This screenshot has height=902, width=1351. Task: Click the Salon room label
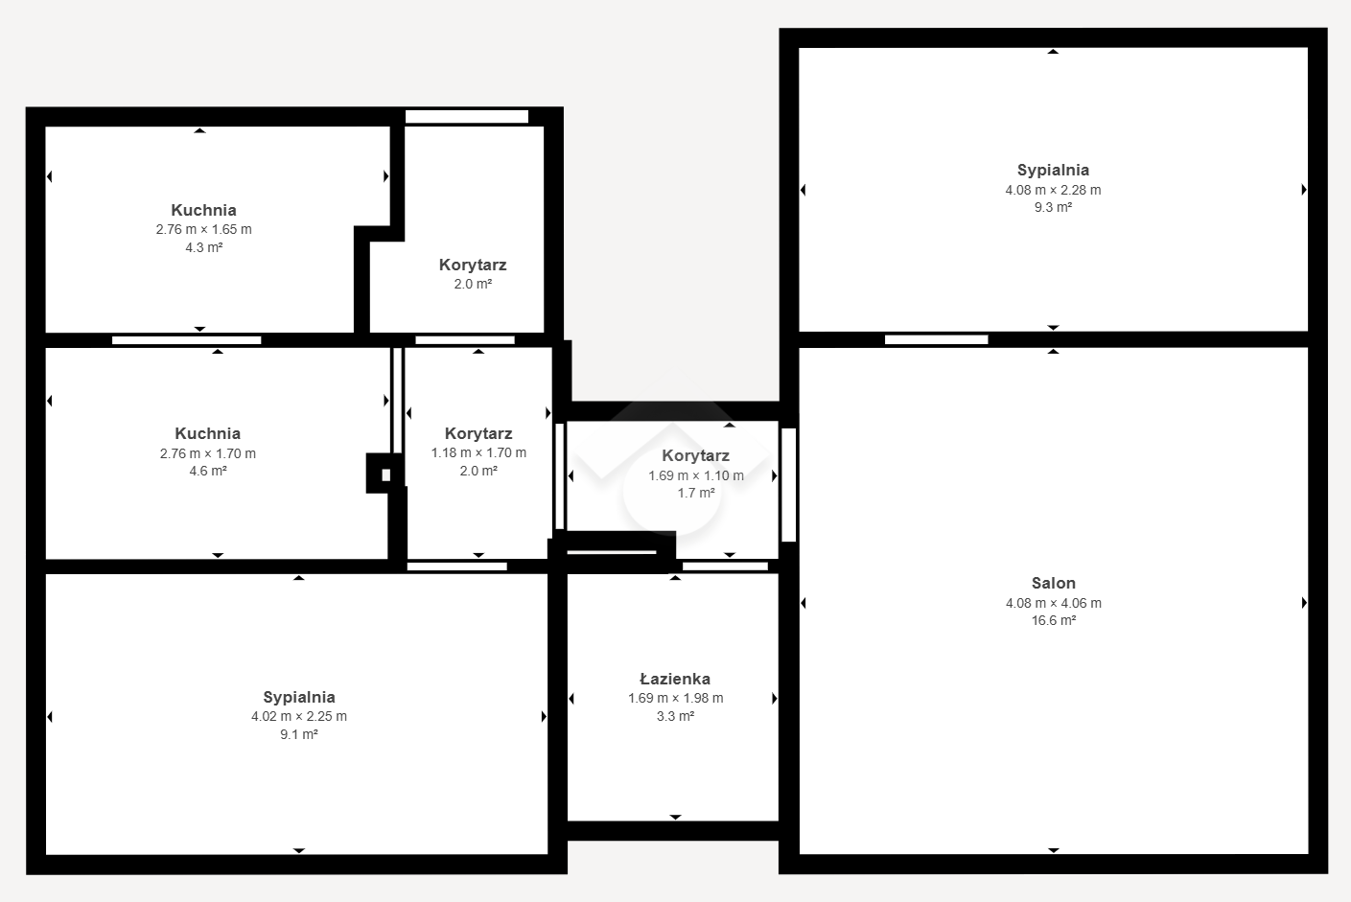pos(1053,583)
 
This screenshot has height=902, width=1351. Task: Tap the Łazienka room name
pos(675,679)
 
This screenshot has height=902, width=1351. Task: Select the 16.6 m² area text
pos(1053,620)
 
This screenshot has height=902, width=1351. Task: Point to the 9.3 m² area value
pos(1053,207)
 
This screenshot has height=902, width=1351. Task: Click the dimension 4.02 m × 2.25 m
pos(299,716)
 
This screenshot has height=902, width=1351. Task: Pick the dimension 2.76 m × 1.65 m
pos(204,229)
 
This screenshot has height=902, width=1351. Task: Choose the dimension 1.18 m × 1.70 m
pos(478,452)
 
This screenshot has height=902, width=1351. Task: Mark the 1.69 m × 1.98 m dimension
pos(675,698)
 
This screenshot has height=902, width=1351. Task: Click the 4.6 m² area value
pos(208,471)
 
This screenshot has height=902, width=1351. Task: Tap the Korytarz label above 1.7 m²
pos(695,456)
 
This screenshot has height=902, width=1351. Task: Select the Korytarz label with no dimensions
pos(473,265)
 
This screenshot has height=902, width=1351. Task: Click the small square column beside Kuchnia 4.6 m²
pos(385,474)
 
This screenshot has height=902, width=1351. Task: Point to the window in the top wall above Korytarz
pos(467,116)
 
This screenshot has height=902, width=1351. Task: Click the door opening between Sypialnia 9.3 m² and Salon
pos(936,339)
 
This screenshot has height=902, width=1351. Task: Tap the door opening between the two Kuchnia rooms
pos(186,340)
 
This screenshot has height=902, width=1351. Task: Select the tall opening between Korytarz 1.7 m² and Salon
pos(788,485)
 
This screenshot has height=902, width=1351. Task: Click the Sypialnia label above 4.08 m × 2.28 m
pos(1053,170)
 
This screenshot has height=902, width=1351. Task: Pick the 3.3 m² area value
pos(675,716)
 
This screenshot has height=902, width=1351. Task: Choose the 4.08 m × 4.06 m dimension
pos(1054,603)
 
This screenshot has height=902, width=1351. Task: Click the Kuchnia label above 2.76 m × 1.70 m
pos(207,433)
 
